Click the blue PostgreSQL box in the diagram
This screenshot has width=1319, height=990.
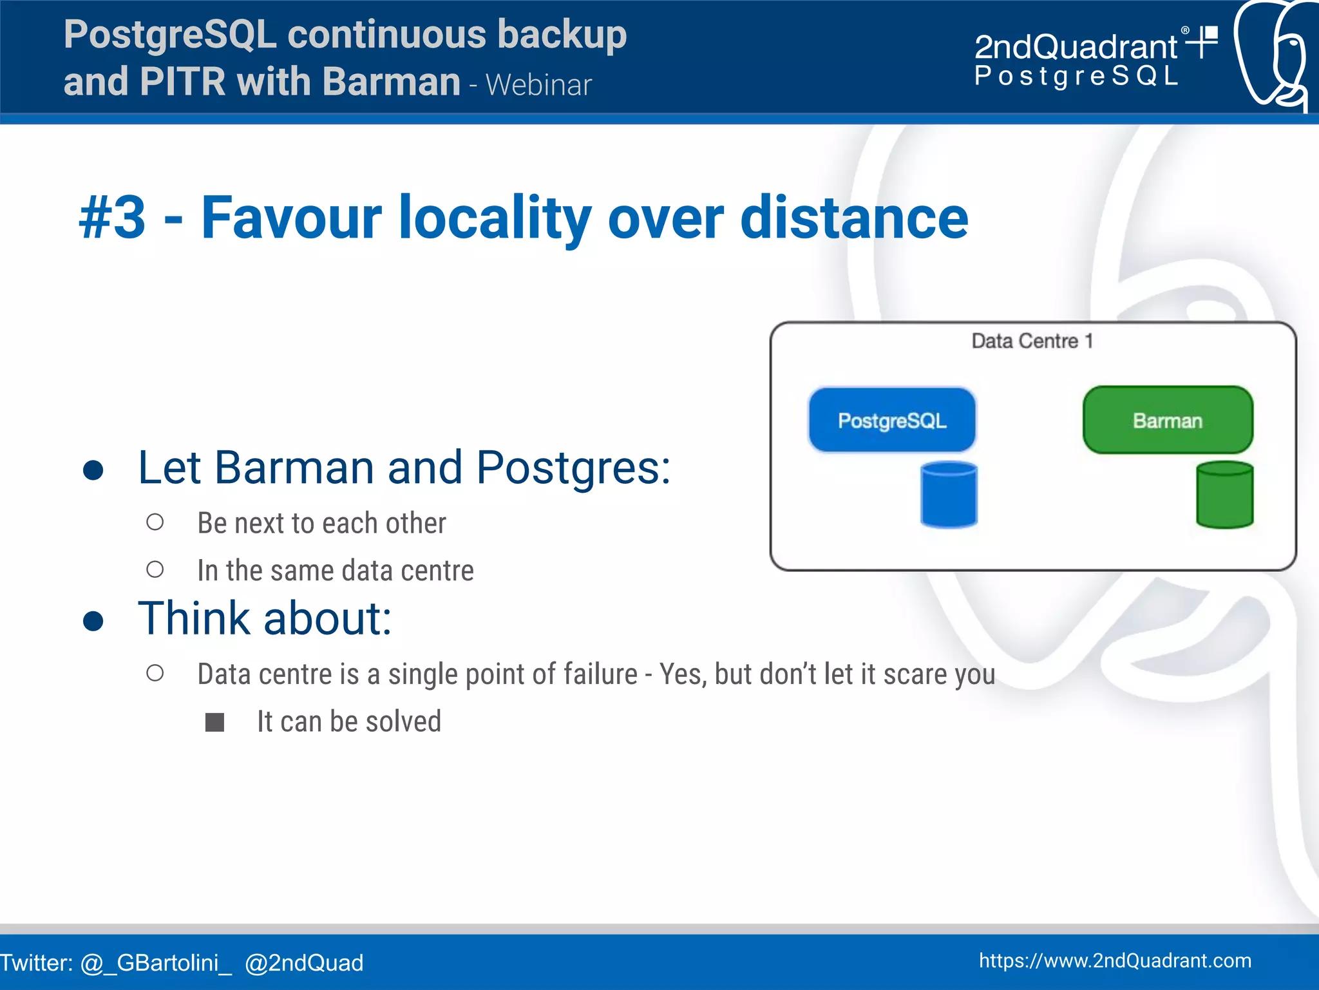pyautogui.click(x=892, y=420)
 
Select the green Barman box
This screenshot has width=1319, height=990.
pyautogui.click(x=1168, y=420)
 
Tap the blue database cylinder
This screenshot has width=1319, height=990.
pyautogui.click(x=949, y=495)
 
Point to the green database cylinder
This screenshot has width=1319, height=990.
pyautogui.click(x=1224, y=495)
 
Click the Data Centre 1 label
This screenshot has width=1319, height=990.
pyautogui.click(x=1032, y=341)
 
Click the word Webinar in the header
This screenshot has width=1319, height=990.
pyautogui.click(x=538, y=85)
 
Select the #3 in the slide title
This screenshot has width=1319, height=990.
pyautogui.click(x=113, y=218)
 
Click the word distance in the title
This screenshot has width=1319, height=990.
pyautogui.click(x=854, y=218)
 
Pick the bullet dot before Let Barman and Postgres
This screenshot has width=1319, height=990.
pyautogui.click(x=93, y=470)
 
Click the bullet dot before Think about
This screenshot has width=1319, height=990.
pyautogui.click(x=93, y=621)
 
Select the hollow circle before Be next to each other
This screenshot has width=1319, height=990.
pyautogui.click(x=155, y=522)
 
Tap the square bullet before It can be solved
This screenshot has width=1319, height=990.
pyautogui.click(x=214, y=722)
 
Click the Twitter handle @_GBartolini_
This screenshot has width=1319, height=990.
pyautogui.click(x=156, y=963)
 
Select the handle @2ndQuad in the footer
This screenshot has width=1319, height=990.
pyautogui.click(x=304, y=963)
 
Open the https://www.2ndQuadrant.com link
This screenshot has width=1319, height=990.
pyautogui.click(x=1115, y=960)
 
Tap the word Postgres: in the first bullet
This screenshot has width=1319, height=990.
pyautogui.click(x=573, y=467)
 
